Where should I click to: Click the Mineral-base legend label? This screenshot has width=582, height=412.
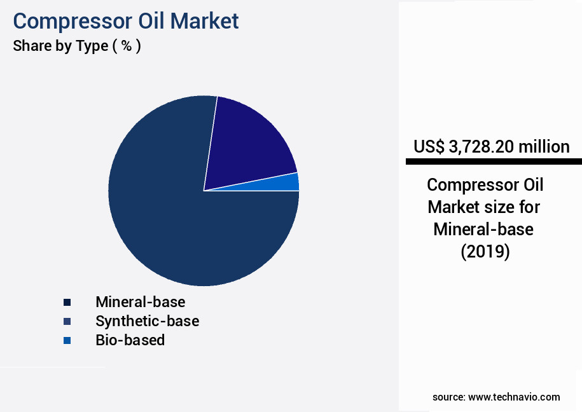141,301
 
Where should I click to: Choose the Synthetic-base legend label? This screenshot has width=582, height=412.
147,320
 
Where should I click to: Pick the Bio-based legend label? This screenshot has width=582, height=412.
130,340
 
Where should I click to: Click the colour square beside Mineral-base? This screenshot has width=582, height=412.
67,301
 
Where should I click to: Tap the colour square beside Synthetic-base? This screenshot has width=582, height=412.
67,320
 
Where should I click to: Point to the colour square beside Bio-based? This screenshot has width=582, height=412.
67,340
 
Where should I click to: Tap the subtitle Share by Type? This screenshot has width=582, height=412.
60,46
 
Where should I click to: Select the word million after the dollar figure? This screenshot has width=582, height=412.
544,147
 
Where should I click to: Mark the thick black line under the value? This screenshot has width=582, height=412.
494,162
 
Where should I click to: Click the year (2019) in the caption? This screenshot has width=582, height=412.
485,252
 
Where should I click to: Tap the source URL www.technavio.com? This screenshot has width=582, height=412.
514,397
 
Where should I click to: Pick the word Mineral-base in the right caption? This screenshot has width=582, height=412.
483,230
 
